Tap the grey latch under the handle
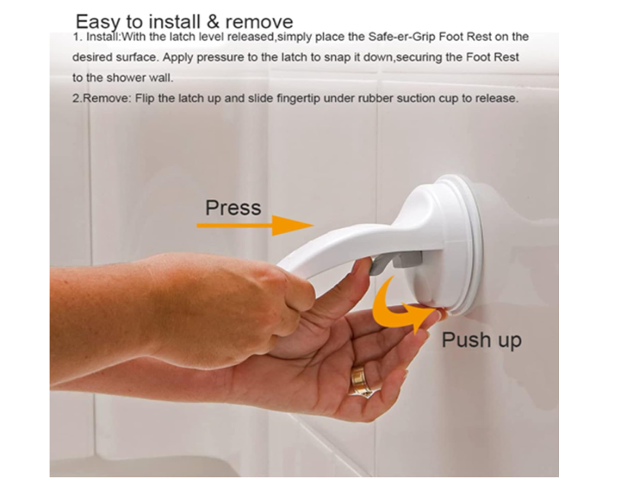click(x=396, y=261)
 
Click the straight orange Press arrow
click(x=255, y=225)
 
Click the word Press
click(x=233, y=207)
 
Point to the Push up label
click(x=481, y=340)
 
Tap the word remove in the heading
click(x=259, y=22)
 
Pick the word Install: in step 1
click(x=104, y=37)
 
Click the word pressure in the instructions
click(x=220, y=58)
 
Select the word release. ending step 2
click(x=497, y=98)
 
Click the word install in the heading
click(x=175, y=21)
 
